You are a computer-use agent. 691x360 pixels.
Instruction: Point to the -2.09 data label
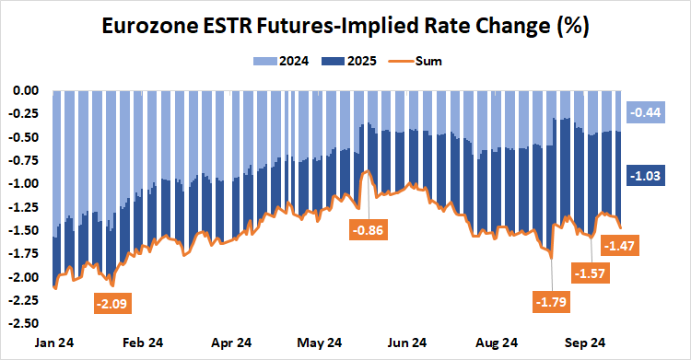point(116,301)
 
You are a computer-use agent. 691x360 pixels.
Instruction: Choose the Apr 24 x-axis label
point(232,343)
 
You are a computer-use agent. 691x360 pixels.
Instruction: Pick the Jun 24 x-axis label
point(407,343)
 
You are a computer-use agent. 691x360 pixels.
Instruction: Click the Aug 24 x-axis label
point(496,343)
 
